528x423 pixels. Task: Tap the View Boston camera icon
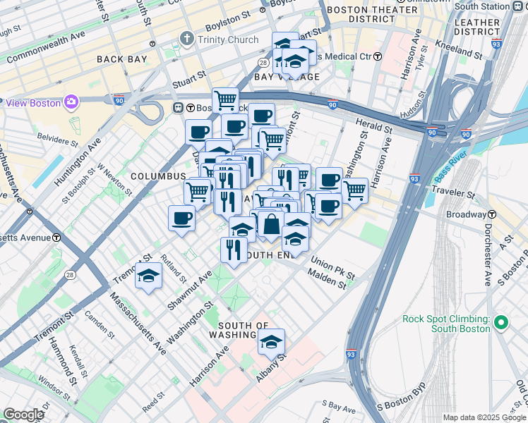71,103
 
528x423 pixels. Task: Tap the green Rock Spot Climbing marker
501,324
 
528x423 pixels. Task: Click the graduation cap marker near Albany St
271,342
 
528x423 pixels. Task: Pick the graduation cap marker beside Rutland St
149,276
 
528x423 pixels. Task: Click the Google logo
23,415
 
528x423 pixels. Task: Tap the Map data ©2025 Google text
484,417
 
